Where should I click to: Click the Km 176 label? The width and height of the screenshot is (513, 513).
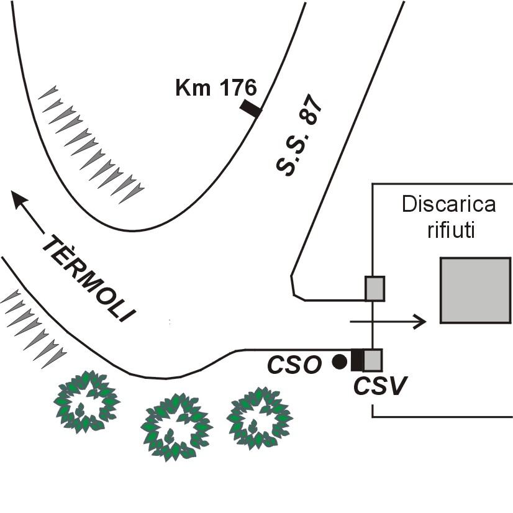click(x=215, y=89)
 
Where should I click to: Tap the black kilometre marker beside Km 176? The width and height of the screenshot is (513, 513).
click(x=251, y=108)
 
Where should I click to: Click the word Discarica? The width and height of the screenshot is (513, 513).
click(x=448, y=204)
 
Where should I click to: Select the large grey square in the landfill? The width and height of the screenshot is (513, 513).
click(x=475, y=290)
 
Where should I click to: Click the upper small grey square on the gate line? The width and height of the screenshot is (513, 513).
click(x=374, y=289)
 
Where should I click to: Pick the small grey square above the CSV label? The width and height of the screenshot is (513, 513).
click(x=373, y=360)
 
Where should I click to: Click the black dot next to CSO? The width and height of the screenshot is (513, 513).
click(x=339, y=361)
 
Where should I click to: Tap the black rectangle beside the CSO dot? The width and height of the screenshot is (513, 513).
click(x=356, y=360)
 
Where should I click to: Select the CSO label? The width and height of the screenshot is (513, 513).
click(x=294, y=365)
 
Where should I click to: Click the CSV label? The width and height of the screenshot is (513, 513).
click(x=380, y=386)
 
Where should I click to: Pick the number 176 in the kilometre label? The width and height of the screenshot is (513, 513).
click(x=235, y=89)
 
